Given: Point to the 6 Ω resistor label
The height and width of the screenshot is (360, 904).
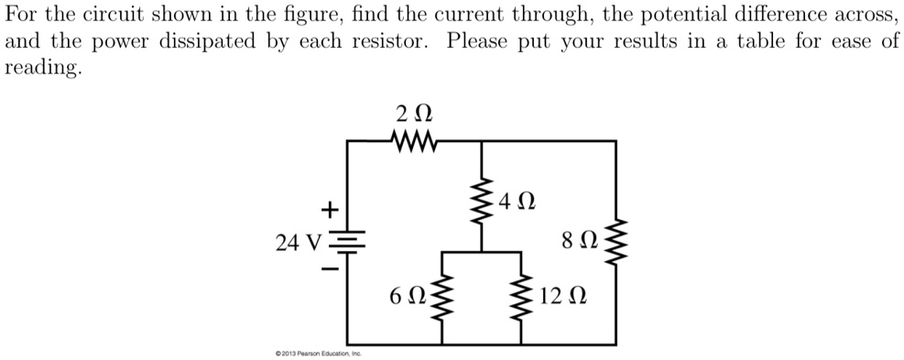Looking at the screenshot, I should pos(408,296).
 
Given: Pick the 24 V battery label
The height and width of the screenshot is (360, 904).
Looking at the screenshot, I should pos(300,243).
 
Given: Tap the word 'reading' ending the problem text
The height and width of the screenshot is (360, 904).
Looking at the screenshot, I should pos(42,70).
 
